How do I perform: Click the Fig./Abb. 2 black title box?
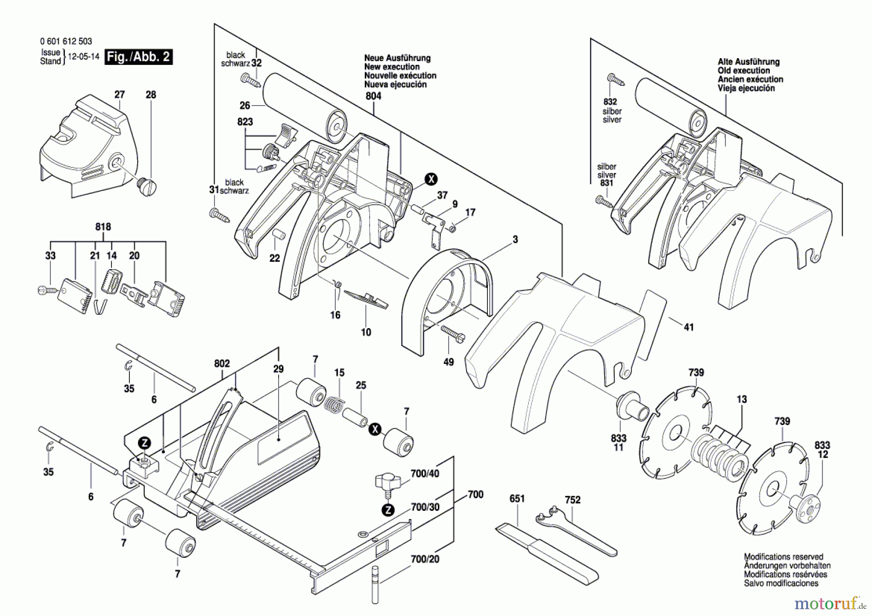pyautogui.click(x=139, y=57)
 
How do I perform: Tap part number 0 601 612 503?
pyautogui.click(x=66, y=42)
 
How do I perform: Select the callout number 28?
pyautogui.click(x=151, y=95)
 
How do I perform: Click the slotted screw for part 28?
pyautogui.click(x=147, y=187)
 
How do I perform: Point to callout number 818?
pyautogui.click(x=103, y=227)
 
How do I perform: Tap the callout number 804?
pyautogui.click(x=373, y=96)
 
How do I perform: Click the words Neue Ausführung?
pyautogui.click(x=397, y=58)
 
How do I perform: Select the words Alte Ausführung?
pyautogui.click(x=748, y=62)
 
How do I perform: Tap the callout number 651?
pyautogui.click(x=517, y=499)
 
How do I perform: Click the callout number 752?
pyautogui.click(x=573, y=500)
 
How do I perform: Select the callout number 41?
pyautogui.click(x=688, y=328)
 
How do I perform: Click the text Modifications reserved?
pyautogui.click(x=783, y=557)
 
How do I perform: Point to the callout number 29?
pyautogui.click(x=278, y=369)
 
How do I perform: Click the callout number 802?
pyautogui.click(x=222, y=363)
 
